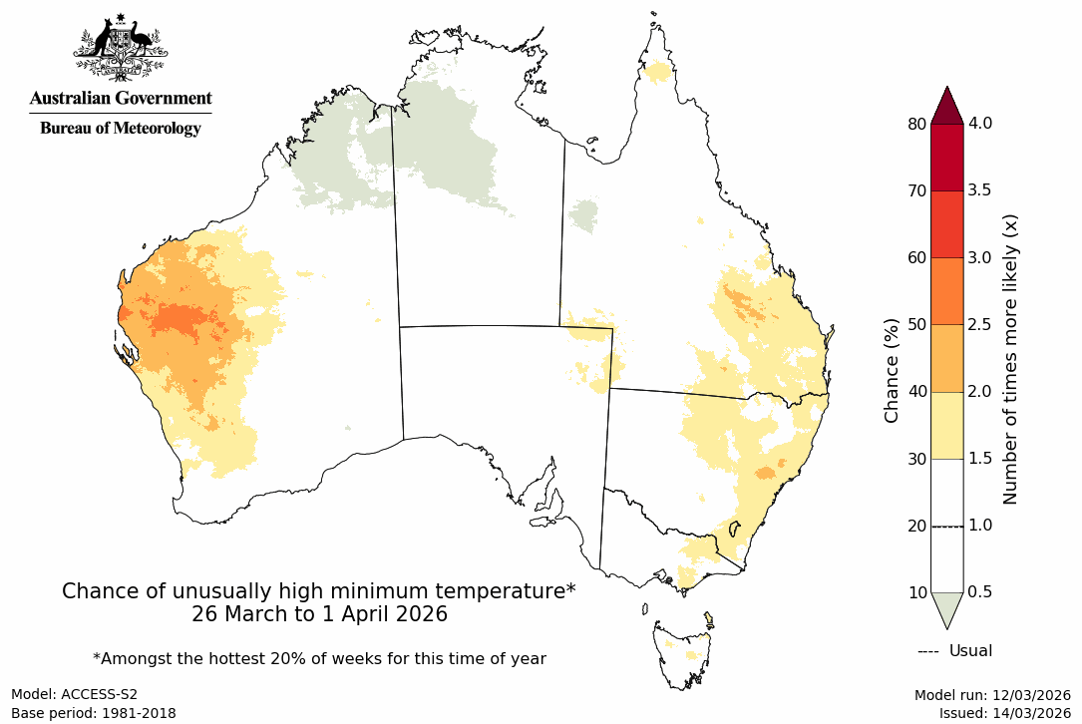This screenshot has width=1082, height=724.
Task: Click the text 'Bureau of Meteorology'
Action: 120,128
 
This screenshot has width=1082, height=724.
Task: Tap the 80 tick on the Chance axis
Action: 916,124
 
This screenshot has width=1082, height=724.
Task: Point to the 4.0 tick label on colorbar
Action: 987,124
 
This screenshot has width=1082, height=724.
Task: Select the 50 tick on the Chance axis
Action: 916,324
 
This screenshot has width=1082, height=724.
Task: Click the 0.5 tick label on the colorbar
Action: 987,592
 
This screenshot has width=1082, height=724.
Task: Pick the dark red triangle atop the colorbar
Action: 946,105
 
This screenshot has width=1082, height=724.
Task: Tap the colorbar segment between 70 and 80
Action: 946,158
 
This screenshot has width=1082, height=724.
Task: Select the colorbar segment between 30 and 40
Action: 946,425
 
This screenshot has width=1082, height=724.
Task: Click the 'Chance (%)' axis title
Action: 892,370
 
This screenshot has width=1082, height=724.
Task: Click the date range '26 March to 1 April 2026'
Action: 319,614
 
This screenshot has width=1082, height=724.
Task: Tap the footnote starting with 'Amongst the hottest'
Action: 319,658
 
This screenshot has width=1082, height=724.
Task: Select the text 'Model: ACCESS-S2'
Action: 74,694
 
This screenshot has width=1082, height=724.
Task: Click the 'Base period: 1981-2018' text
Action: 94,713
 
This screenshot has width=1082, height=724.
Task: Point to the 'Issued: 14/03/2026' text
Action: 1004,713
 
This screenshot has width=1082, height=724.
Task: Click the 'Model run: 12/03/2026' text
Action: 992,694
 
